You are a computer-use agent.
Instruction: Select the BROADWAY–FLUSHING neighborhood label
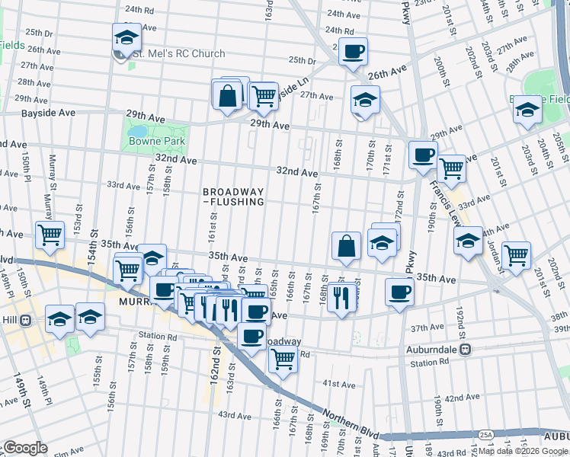click(x=233, y=197)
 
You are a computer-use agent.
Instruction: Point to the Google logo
click(x=24, y=448)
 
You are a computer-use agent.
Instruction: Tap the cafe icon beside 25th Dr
click(x=353, y=53)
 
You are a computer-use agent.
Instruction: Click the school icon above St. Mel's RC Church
click(x=126, y=37)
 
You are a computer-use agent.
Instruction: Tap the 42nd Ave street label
click(x=462, y=398)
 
